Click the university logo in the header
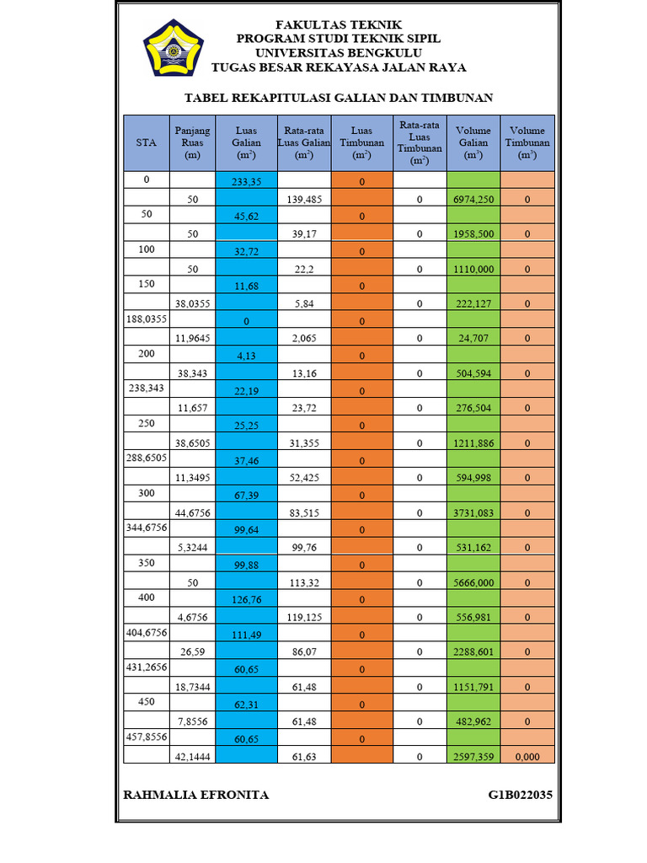coord(174,48)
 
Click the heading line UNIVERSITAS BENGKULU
coord(338,53)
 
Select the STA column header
coord(147,143)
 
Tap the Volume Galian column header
coord(473,143)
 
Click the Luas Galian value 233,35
coord(246,182)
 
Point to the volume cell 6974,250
coord(473,200)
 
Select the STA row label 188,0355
coord(147,319)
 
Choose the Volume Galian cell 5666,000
coord(473,582)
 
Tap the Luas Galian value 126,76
coord(246,600)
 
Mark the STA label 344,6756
coord(147,528)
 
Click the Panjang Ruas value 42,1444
coord(192,757)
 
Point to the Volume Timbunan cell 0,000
coord(527,757)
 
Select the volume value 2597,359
coord(473,757)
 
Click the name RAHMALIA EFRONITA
coord(196,795)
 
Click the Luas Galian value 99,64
coord(246,530)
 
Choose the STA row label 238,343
coord(147,389)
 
